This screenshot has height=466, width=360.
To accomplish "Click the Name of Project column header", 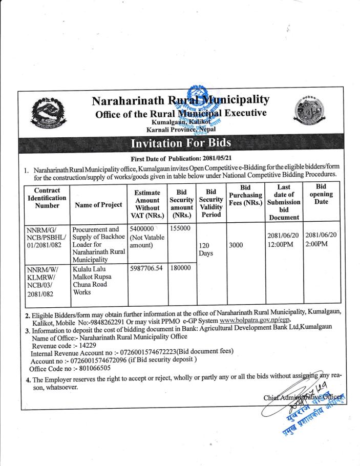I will coord(98,205).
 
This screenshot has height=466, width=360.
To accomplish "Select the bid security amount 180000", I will coord(179,268).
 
